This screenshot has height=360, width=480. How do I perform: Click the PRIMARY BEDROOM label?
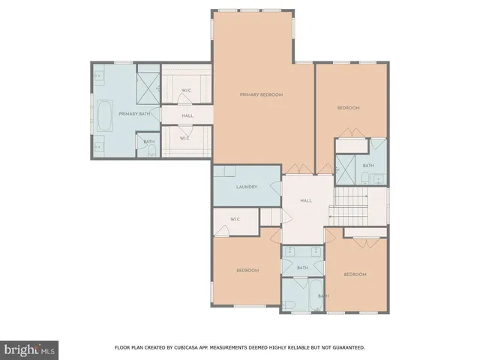click(261, 94)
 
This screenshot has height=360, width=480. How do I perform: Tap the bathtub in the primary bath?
click(104, 115)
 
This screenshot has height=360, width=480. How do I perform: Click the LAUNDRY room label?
click(247, 187)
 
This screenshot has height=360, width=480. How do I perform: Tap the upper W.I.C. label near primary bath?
click(185, 91)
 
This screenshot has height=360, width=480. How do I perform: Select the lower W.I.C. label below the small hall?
click(185, 138)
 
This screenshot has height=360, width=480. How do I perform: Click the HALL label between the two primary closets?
click(187, 115)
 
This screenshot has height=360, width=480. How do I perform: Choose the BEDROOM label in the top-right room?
click(348, 108)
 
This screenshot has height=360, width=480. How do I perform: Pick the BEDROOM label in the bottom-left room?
click(248, 270)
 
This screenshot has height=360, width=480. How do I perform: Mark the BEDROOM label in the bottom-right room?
click(355, 274)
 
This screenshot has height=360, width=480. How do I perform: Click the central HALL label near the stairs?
click(306, 200)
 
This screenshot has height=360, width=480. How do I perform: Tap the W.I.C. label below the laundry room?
click(234, 220)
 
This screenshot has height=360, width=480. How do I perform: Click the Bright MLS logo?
click(30, 349)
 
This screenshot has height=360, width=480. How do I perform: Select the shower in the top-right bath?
click(346, 167)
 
